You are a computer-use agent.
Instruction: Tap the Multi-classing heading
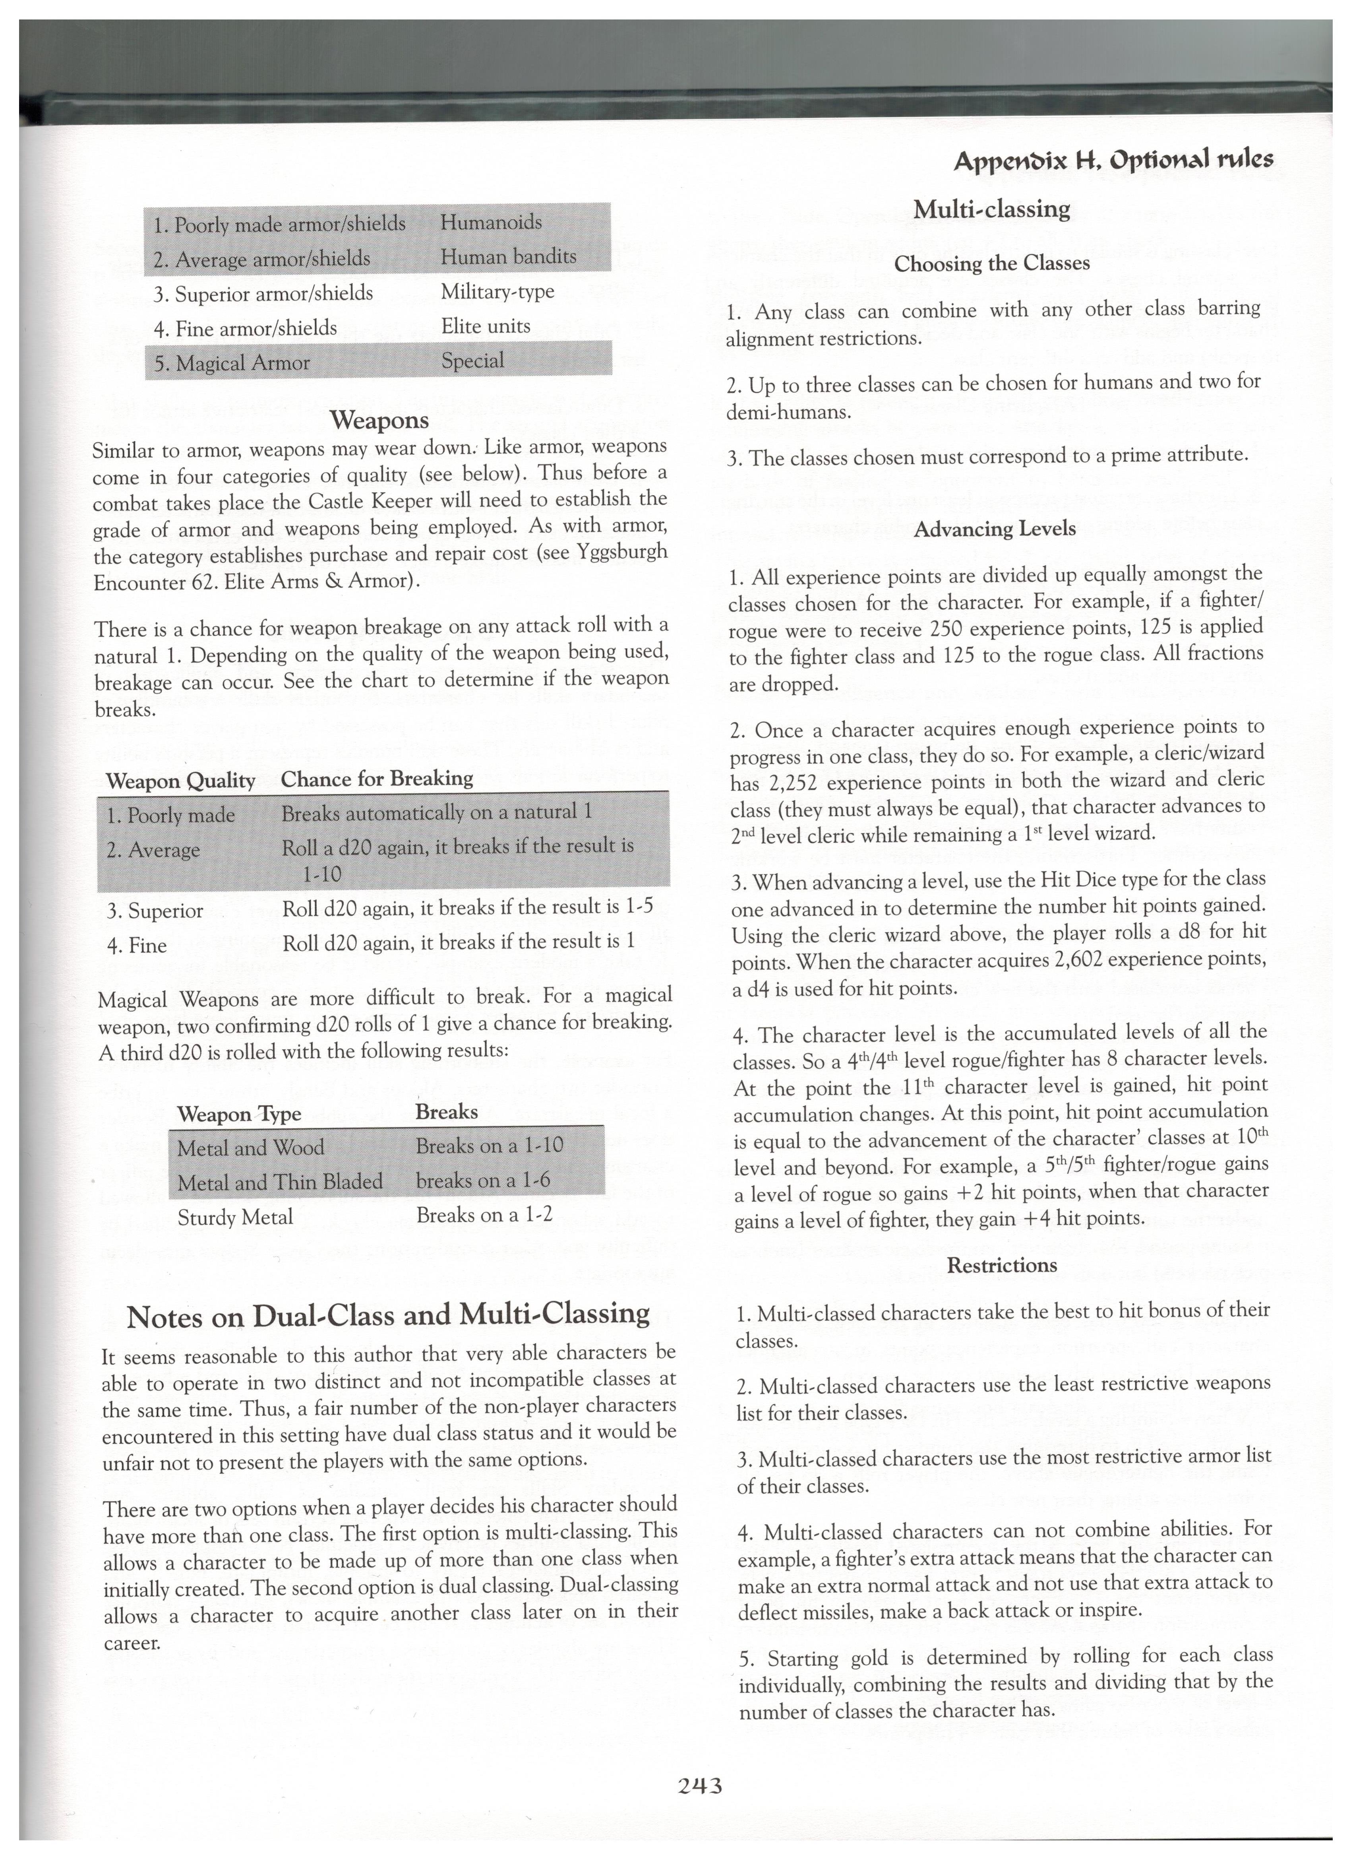click(x=991, y=210)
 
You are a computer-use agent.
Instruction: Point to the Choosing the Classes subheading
click(x=991, y=264)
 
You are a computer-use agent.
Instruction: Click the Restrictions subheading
click(x=1001, y=1265)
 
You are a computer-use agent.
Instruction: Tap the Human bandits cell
click(x=508, y=258)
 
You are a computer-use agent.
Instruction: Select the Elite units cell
click(x=485, y=326)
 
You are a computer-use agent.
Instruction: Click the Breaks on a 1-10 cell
click(x=489, y=1145)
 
